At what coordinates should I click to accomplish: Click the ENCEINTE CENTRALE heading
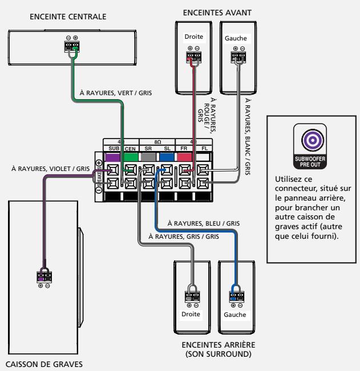pyautogui.click(x=68, y=17)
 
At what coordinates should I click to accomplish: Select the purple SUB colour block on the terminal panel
pyautogui.click(x=112, y=157)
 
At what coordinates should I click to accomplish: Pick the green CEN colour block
pyautogui.click(x=131, y=157)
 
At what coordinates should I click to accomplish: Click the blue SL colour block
pyautogui.click(x=167, y=157)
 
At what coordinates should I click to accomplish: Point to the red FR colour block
pyautogui.click(x=185, y=157)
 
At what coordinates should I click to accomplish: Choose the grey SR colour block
pyautogui.click(x=149, y=157)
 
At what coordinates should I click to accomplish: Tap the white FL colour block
pyautogui.click(x=203, y=157)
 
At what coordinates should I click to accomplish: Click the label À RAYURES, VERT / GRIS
pyautogui.click(x=116, y=93)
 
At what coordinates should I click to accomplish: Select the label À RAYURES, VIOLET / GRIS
pyautogui.click(x=50, y=169)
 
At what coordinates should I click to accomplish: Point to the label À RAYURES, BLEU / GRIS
pyautogui.click(x=204, y=223)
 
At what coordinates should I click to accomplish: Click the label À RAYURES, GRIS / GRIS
pyautogui.click(x=184, y=237)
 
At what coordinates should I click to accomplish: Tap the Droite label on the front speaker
pyautogui.click(x=194, y=36)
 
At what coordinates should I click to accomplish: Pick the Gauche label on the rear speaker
pyautogui.click(x=235, y=315)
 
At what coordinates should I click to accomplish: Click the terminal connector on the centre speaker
pyautogui.click(x=72, y=46)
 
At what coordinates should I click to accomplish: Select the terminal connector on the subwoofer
pyautogui.click(x=44, y=277)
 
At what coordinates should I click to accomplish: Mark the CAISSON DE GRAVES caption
pyautogui.click(x=44, y=364)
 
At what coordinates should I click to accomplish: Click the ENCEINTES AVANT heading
pyautogui.click(x=217, y=13)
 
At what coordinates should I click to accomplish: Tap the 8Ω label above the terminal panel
pyautogui.click(x=157, y=142)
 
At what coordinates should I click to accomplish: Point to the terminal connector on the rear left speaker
pyautogui.click(x=237, y=297)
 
